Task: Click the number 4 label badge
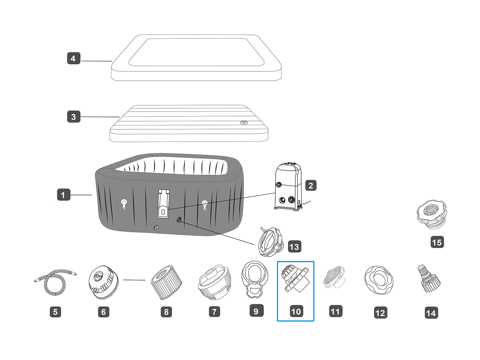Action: (73, 58)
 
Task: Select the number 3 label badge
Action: (73, 117)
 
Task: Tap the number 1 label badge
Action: (63, 195)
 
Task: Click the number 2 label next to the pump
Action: (311, 186)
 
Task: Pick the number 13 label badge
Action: (294, 247)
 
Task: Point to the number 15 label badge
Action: (437, 242)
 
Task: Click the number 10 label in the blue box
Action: (296, 311)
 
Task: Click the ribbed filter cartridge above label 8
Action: (166, 282)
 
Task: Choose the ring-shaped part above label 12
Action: (379, 280)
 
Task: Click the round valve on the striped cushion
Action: (244, 123)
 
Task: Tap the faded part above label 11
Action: (334, 277)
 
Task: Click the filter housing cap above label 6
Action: (103, 282)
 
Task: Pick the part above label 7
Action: (214, 282)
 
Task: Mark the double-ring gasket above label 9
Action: (255, 279)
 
